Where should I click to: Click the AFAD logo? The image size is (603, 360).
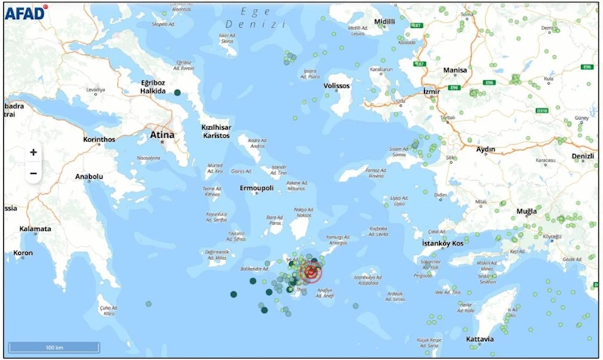25,11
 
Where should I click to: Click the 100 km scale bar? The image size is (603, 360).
54,347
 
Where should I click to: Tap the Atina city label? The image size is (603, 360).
162,135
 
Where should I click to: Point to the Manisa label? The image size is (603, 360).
455,70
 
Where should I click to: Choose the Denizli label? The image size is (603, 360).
583,156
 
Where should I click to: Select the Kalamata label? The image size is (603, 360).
35,229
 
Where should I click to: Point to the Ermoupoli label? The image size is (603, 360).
256,187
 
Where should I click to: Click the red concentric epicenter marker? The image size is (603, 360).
310,272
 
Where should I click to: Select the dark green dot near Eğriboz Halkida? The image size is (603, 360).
177,92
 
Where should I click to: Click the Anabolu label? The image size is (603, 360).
89,177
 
